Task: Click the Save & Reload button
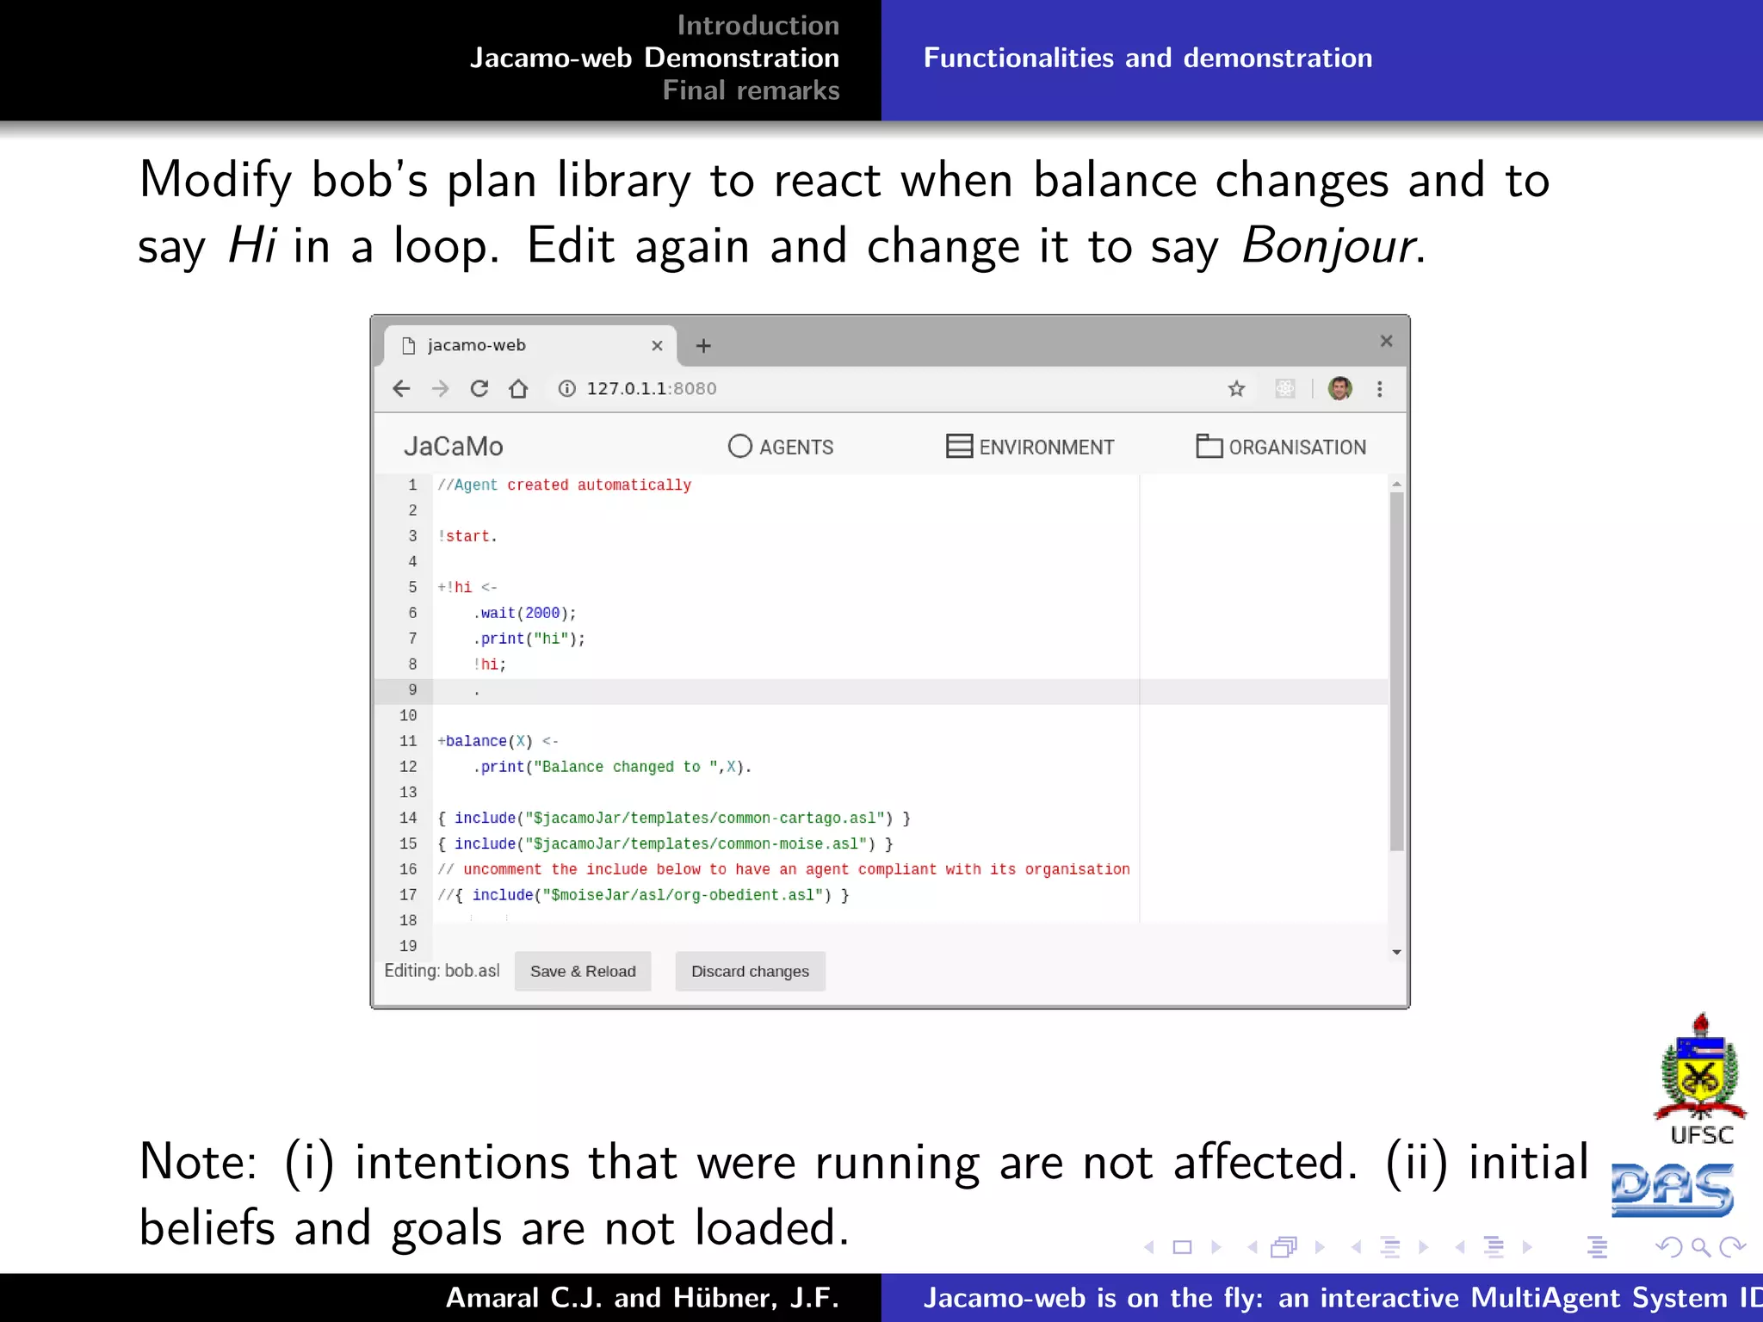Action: click(x=583, y=971)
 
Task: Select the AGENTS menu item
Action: click(x=781, y=447)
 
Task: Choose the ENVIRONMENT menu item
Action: click(x=1030, y=447)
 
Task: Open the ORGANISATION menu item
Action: click(x=1281, y=447)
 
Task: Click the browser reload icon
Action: click(x=479, y=389)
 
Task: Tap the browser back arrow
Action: click(x=401, y=389)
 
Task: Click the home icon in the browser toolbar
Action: click(x=518, y=389)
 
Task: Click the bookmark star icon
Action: click(x=1237, y=389)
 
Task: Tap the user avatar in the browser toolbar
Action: click(x=1339, y=389)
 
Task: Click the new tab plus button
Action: click(x=703, y=346)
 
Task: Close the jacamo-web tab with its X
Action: click(x=657, y=346)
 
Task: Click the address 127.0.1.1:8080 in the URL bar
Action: click(x=651, y=389)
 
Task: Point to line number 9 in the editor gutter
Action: click(x=412, y=690)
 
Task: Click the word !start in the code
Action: click(x=467, y=536)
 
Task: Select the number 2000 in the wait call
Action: click(x=542, y=613)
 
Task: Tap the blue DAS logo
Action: click(x=1672, y=1190)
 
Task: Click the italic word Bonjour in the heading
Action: click(x=1327, y=246)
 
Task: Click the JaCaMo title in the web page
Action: click(x=454, y=447)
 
